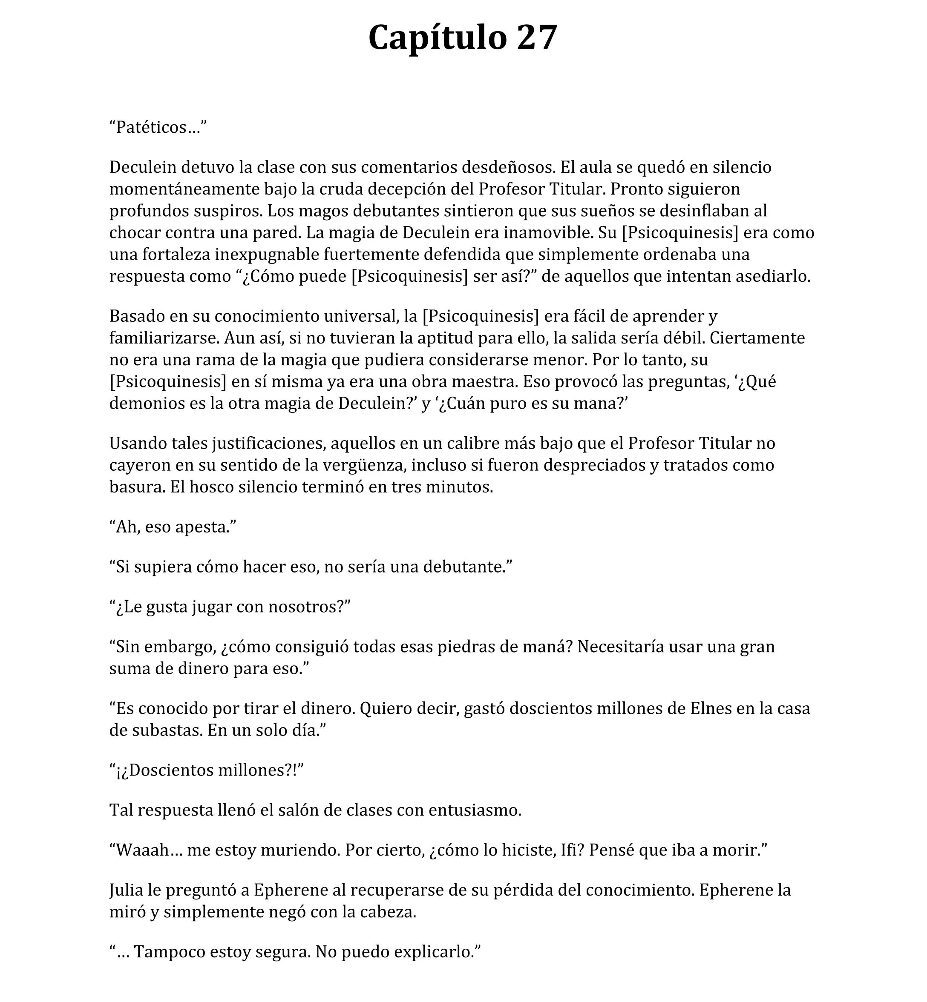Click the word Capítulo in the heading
tap(438, 38)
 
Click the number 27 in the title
tap(537, 38)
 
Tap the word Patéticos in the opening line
tap(151, 127)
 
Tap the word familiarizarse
tap(164, 338)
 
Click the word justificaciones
tap(269, 443)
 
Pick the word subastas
tap(167, 730)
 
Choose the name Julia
tap(127, 890)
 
